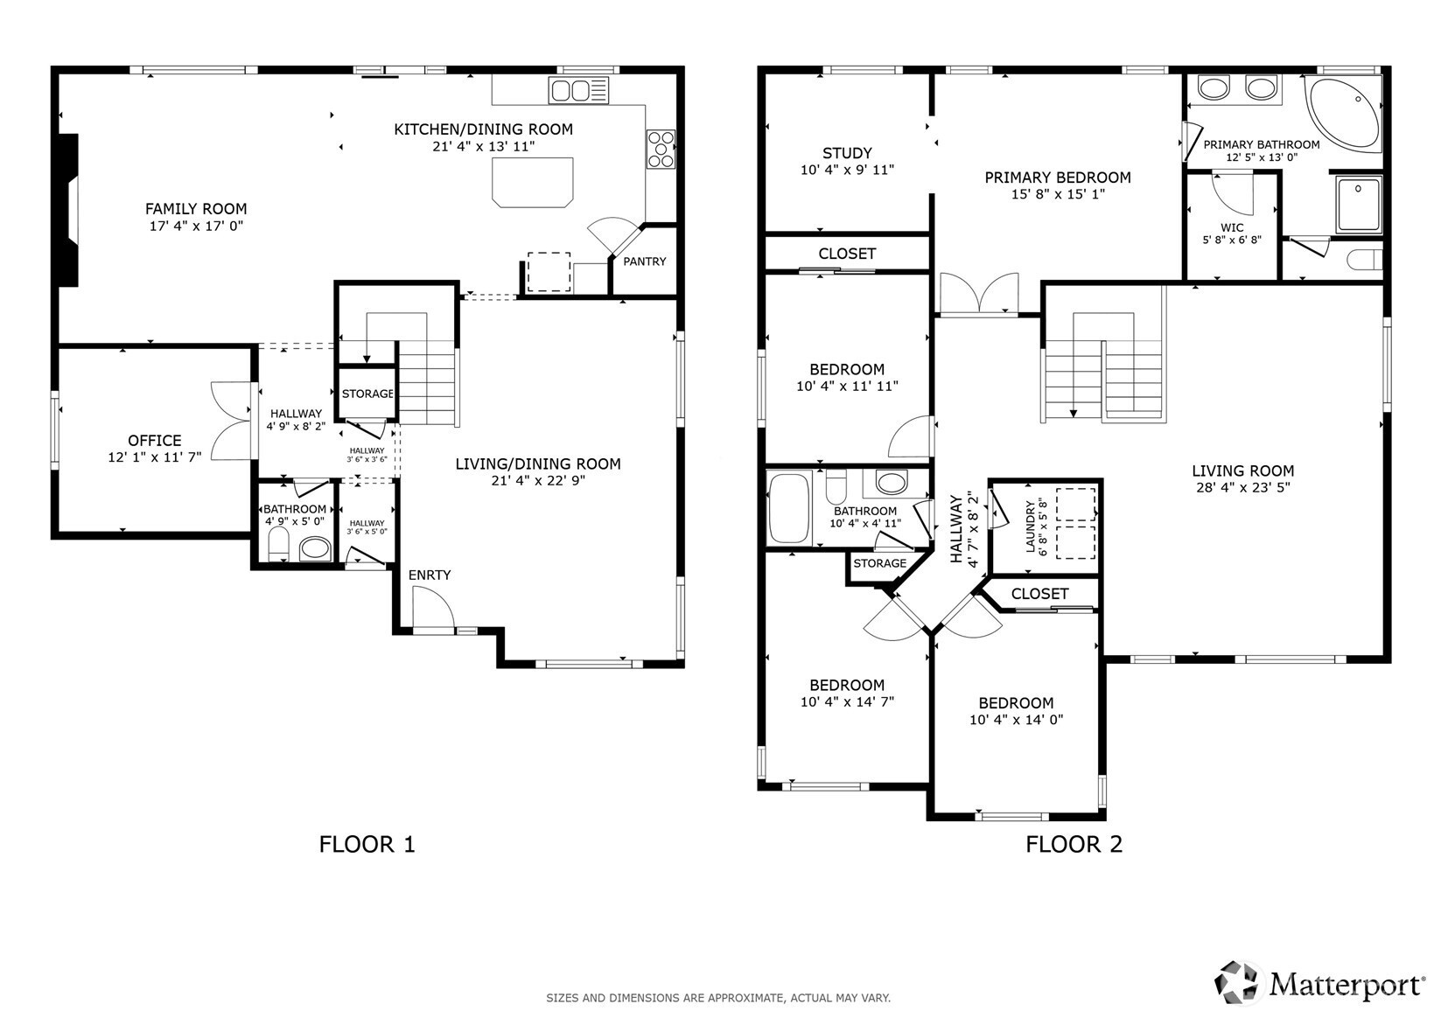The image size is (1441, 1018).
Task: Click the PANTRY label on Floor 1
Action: pyautogui.click(x=645, y=261)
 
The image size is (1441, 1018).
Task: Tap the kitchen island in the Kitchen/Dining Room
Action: pyautogui.click(x=533, y=183)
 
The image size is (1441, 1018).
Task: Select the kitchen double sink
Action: pyautogui.click(x=579, y=91)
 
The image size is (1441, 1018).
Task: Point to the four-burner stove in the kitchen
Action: pyautogui.click(x=661, y=150)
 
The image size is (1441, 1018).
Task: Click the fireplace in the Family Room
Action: pyautogui.click(x=69, y=210)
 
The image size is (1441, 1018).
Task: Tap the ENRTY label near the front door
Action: pyautogui.click(x=429, y=575)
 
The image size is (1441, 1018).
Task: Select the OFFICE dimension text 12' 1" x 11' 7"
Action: pyautogui.click(x=154, y=457)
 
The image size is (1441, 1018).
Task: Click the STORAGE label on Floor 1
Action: pyautogui.click(x=367, y=394)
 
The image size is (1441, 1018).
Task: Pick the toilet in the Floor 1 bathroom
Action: pyautogui.click(x=278, y=544)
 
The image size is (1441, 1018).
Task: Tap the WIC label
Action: pyautogui.click(x=1232, y=227)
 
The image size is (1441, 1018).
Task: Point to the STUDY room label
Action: pyautogui.click(x=847, y=153)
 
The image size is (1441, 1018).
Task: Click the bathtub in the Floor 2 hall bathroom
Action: pyautogui.click(x=788, y=508)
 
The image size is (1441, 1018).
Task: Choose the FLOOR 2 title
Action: pyautogui.click(x=1074, y=844)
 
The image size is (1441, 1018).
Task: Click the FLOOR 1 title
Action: pyautogui.click(x=367, y=844)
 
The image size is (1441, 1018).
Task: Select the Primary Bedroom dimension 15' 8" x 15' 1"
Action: pyautogui.click(x=1058, y=194)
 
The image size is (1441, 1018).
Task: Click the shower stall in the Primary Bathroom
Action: pyautogui.click(x=1358, y=205)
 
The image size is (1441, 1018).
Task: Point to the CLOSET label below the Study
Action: pyautogui.click(x=847, y=254)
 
